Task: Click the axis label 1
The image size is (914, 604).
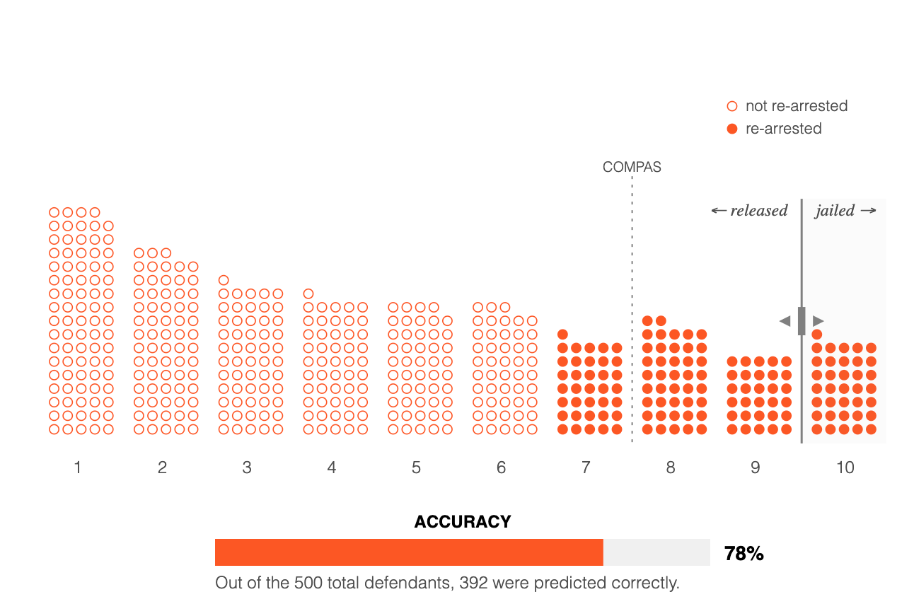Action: (78, 467)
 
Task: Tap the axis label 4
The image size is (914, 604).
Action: (332, 467)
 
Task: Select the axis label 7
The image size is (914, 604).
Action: (586, 467)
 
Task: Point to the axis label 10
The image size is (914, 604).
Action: (845, 467)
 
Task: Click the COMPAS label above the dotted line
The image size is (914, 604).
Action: (632, 168)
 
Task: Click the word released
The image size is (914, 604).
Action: (758, 211)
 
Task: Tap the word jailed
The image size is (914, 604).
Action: (835, 211)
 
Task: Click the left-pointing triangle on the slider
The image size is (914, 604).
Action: (785, 321)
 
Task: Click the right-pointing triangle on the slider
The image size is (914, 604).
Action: (818, 321)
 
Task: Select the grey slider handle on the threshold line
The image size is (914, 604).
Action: (802, 321)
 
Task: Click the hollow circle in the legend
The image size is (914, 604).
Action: (732, 107)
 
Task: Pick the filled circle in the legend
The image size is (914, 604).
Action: (732, 129)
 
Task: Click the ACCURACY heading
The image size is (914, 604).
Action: (463, 522)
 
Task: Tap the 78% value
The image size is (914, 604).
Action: (744, 554)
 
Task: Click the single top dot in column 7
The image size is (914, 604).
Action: (563, 335)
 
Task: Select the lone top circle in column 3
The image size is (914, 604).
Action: (224, 280)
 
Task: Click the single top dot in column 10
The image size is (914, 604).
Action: (817, 335)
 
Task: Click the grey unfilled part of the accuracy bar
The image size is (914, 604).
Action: (656, 552)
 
